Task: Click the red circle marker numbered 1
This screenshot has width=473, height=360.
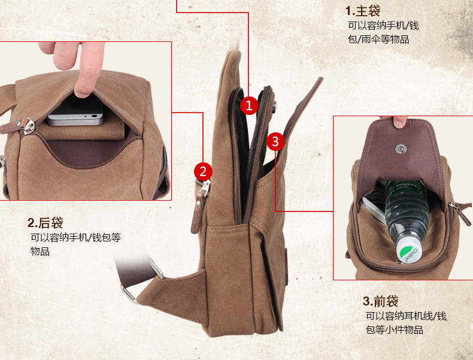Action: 250,106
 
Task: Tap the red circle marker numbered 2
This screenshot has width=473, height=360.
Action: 203,171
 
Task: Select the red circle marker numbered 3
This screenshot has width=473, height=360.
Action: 275,141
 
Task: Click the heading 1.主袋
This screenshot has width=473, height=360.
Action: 363,11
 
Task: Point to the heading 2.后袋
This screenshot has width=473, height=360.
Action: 45,223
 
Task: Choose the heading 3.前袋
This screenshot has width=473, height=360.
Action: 380,301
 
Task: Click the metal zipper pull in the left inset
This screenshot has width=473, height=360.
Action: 28,126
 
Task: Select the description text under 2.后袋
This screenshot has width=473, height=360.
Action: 75,244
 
